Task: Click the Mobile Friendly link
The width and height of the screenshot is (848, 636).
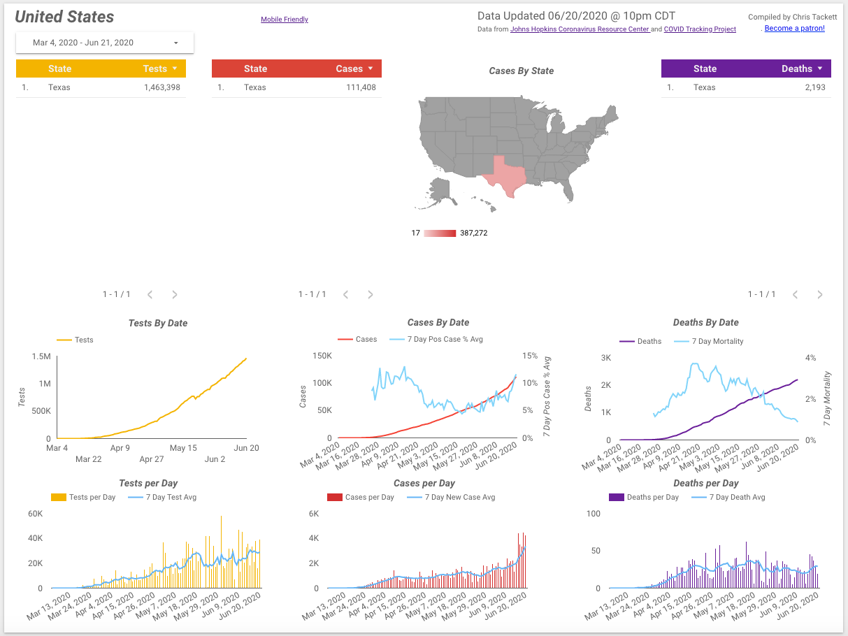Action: click(284, 20)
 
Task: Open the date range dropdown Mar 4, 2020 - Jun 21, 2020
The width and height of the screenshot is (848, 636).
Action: click(105, 43)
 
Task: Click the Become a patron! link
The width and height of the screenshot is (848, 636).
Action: click(794, 29)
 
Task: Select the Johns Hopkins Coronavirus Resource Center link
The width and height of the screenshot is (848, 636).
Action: click(580, 29)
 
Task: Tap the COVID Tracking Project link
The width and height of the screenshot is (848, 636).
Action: click(699, 29)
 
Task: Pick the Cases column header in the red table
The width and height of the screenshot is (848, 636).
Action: click(349, 68)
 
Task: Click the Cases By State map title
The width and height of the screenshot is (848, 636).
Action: click(521, 71)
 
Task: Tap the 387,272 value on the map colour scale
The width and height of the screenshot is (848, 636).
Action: click(473, 233)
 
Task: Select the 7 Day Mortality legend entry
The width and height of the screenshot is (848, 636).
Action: click(717, 341)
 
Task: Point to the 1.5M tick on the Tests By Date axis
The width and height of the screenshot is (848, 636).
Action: click(41, 356)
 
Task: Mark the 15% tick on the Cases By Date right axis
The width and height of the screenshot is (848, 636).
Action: click(529, 356)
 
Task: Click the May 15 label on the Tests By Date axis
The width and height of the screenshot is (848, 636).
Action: click(183, 448)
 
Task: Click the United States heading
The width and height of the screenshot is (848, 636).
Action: click(64, 17)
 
